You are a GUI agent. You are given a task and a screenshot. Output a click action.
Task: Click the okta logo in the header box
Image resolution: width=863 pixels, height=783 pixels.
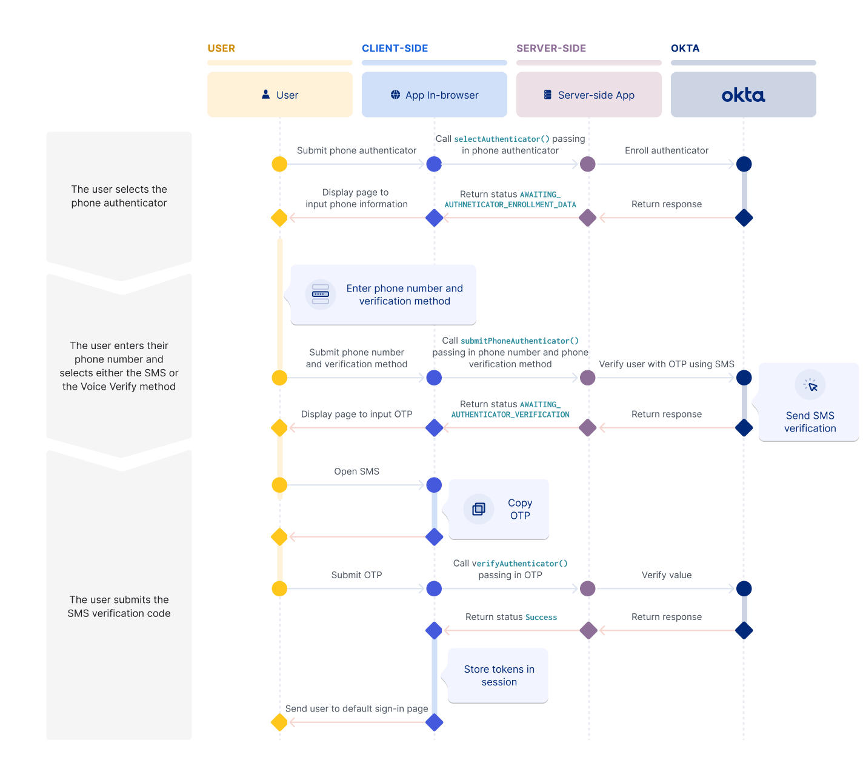(x=743, y=95)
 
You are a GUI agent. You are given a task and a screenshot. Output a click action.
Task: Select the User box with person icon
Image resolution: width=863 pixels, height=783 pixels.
(x=280, y=95)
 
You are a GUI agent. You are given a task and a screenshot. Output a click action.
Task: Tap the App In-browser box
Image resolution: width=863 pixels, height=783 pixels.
(x=435, y=95)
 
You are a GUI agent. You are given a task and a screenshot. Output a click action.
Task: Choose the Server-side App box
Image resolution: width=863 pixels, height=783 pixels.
(x=589, y=95)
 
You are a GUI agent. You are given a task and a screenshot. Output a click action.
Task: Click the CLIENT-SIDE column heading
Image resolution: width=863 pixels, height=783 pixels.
(x=395, y=48)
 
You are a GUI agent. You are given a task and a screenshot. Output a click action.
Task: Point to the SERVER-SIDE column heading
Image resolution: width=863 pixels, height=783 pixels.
(x=551, y=48)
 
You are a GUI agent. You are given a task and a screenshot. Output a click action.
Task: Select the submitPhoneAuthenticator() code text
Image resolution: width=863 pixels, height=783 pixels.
(x=519, y=341)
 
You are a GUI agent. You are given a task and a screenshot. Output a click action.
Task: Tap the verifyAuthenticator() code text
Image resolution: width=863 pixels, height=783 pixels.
(x=519, y=564)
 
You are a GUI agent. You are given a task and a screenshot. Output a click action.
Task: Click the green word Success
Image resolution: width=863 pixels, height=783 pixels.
(x=541, y=618)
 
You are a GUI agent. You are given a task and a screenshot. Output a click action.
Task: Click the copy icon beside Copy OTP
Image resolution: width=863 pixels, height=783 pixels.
(x=479, y=509)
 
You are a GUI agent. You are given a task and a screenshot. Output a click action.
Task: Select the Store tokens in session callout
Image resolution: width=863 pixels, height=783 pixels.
(x=499, y=676)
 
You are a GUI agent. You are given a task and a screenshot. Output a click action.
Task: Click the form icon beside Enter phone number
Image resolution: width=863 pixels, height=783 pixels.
(x=321, y=295)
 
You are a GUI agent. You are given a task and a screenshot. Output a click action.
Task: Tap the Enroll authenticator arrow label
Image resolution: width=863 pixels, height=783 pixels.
(x=666, y=151)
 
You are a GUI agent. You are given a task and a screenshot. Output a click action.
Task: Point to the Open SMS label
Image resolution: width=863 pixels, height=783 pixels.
(x=356, y=471)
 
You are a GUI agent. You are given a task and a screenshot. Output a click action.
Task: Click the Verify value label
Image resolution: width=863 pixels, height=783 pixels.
(x=666, y=575)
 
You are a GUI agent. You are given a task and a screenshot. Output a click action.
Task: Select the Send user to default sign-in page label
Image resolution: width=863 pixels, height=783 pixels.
(x=356, y=708)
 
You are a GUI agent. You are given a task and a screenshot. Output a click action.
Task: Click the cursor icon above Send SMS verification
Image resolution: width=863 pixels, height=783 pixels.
(x=810, y=385)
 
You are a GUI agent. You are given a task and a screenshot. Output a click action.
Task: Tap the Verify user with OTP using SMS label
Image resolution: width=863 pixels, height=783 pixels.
(x=666, y=364)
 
